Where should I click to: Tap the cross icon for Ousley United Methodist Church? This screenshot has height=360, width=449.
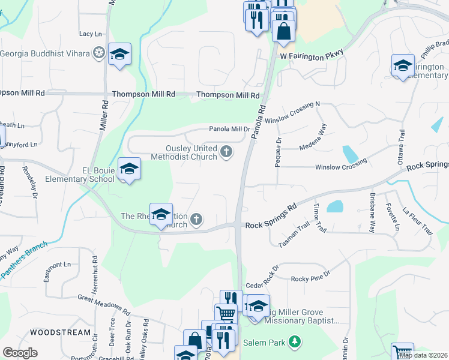(x=226, y=152)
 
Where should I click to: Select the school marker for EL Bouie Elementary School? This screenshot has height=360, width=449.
(x=129, y=169)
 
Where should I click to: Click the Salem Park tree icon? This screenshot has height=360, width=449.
(x=294, y=342)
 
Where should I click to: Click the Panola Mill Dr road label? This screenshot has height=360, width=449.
(x=229, y=129)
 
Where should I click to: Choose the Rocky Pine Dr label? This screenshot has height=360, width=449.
(x=310, y=278)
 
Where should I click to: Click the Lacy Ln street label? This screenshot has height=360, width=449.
(x=90, y=35)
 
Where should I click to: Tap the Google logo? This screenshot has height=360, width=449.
(x=20, y=353)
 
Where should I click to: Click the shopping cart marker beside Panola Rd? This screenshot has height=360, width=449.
(x=226, y=314)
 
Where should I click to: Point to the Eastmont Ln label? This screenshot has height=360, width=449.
(x=57, y=265)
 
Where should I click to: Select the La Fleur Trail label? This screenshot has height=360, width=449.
(x=418, y=220)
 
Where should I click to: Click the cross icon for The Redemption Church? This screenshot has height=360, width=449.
(x=196, y=220)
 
